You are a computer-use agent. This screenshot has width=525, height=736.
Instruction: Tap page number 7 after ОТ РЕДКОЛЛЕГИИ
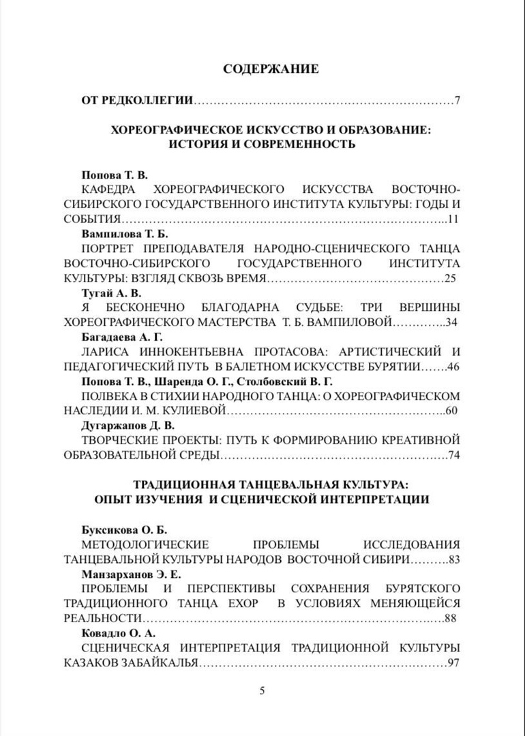tap(458, 101)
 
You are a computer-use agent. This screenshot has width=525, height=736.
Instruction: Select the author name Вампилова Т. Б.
tap(119, 233)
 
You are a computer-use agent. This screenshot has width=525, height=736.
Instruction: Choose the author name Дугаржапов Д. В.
tap(126, 425)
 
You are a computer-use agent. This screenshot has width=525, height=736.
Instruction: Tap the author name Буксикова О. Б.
tap(123, 530)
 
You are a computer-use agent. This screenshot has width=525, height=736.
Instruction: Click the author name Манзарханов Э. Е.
tap(132, 574)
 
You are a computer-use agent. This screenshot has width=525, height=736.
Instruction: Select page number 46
tap(453, 367)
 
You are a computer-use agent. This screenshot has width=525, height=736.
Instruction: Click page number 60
tap(453, 411)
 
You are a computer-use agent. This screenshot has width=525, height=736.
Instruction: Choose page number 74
tap(453, 455)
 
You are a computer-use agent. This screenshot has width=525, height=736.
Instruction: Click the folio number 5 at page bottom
tap(262, 690)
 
